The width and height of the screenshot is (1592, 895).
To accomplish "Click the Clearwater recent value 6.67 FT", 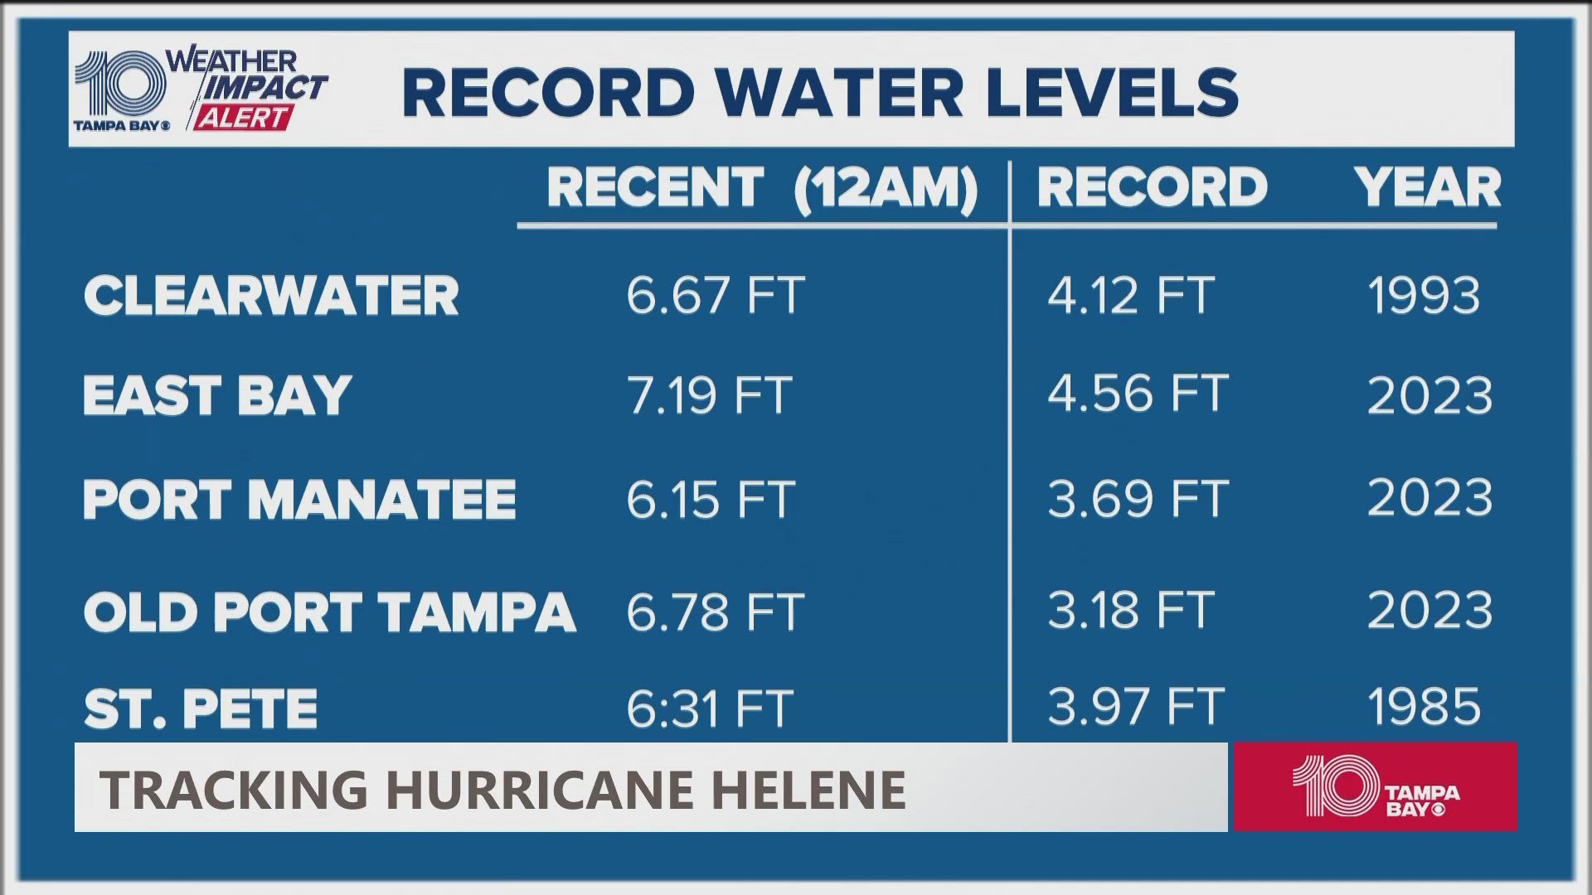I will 715,295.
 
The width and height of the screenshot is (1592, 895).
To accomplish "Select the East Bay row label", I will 217,395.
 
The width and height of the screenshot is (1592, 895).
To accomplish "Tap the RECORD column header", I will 1152,187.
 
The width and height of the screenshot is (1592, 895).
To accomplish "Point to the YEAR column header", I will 1427,187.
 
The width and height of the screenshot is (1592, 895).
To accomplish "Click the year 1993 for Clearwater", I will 1423,296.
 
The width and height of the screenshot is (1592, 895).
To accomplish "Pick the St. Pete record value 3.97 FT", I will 1135,707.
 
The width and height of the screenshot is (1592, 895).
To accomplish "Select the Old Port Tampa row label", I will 329,612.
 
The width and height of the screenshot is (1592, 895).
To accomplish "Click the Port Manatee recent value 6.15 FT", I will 711,500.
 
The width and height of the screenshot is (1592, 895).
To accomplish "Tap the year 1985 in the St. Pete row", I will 1423,707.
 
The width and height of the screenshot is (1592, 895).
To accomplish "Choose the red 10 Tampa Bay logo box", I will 1374,786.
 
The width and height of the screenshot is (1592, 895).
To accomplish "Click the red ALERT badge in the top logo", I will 243,119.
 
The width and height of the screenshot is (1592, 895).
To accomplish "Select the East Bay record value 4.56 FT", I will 1137,394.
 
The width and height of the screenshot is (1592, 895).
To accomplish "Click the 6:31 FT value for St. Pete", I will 710,709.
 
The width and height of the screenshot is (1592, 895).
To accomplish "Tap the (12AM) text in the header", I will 886,189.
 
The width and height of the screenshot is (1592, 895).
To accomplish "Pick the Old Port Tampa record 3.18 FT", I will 1130,611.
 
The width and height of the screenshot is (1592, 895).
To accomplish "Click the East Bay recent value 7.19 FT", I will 710,395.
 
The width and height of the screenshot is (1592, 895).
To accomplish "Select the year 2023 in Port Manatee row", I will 1429,498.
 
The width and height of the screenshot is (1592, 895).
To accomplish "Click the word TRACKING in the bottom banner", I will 234,789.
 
